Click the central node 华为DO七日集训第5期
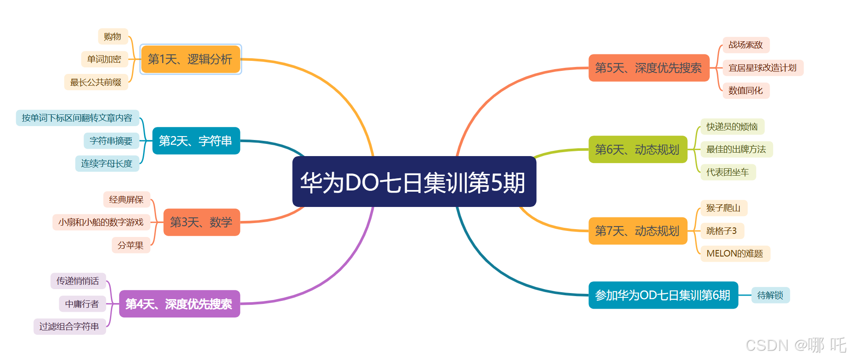pyautogui.click(x=414, y=182)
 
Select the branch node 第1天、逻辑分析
pyautogui.click(x=190, y=59)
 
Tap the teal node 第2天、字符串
pyautogui.click(x=196, y=141)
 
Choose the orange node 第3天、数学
pyautogui.click(x=202, y=222)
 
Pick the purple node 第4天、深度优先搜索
pyautogui.click(x=180, y=304)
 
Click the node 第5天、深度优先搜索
pyautogui.click(x=648, y=68)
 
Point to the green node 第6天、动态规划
pyautogui.click(x=638, y=150)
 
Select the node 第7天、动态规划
pyautogui.click(x=638, y=231)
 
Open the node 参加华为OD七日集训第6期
pyautogui.click(x=663, y=295)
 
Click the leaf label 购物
pyautogui.click(x=113, y=37)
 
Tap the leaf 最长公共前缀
pyautogui.click(x=96, y=82)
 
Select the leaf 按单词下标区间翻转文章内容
pyautogui.click(x=77, y=118)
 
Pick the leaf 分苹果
pyautogui.click(x=131, y=245)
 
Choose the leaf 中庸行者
pyautogui.click(x=82, y=304)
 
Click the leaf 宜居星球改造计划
pyautogui.click(x=762, y=68)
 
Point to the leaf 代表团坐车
pyautogui.click(x=728, y=172)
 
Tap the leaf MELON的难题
pyautogui.click(x=735, y=253)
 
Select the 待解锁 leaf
pyautogui.click(x=770, y=295)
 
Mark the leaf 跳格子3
pyautogui.click(x=722, y=231)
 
